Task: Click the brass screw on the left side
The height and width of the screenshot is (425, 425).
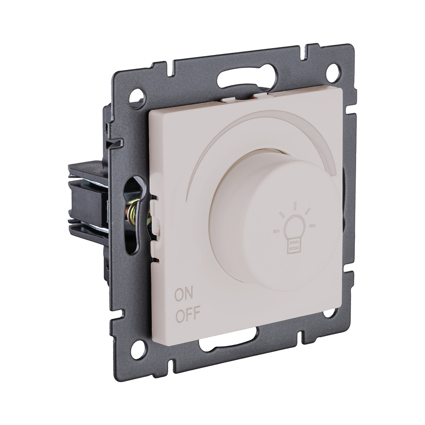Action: click(135, 213)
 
